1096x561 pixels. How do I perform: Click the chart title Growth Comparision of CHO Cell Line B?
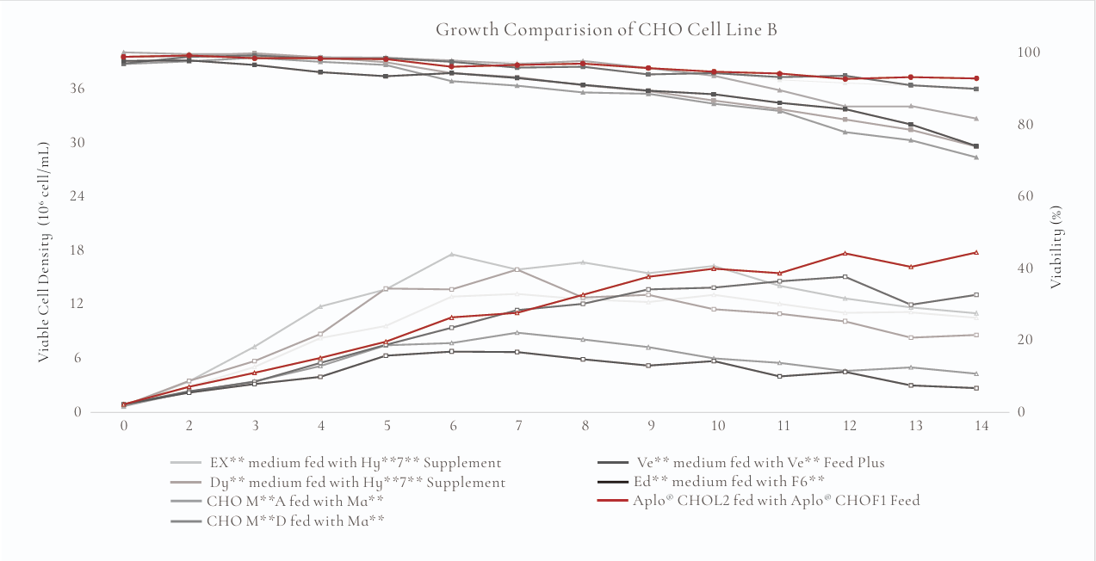(x=606, y=29)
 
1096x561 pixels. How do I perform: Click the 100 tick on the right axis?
(x=1031, y=52)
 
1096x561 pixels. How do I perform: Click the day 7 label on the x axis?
(x=518, y=425)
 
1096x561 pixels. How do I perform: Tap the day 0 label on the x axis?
(x=124, y=425)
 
